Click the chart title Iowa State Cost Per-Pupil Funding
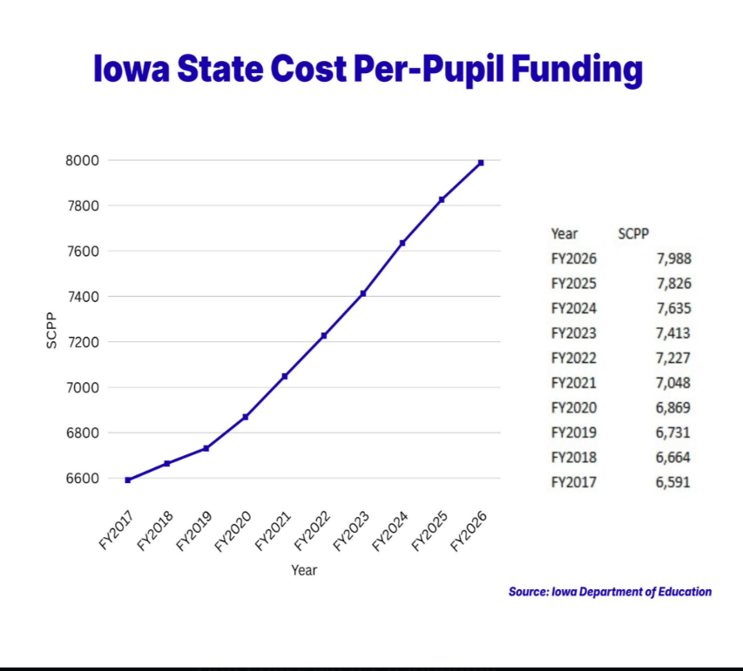[368, 70]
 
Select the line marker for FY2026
[481, 163]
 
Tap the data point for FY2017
[128, 480]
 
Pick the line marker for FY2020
[246, 417]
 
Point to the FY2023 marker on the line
[363, 293]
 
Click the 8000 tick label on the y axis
[80, 160]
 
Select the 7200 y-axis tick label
[80, 342]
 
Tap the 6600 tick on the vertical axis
[80, 478]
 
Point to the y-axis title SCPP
[51, 331]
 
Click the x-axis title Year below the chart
[304, 570]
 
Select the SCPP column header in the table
[634, 233]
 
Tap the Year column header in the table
[564, 233]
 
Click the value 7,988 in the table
[674, 258]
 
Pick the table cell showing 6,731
[674, 432]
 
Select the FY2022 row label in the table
[574, 358]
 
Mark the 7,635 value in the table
[674, 308]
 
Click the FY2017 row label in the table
[574, 481]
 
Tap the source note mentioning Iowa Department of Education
[610, 592]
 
